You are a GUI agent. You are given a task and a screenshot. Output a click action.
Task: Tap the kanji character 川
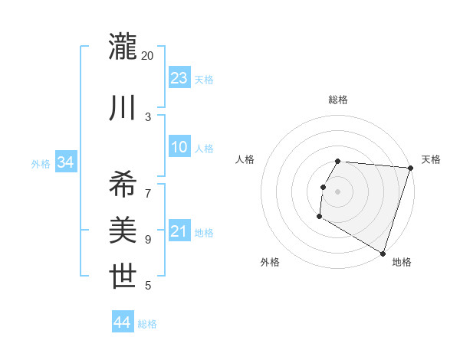pos(123,109)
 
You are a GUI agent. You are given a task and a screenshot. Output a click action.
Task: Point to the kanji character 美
pos(123,230)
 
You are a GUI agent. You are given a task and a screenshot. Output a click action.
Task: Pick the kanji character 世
pos(123,276)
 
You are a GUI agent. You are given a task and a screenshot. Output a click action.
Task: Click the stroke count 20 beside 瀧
pos(148,56)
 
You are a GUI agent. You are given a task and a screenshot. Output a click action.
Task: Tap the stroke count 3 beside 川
pos(148,116)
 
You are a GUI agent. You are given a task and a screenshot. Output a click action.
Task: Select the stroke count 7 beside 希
pos(148,186)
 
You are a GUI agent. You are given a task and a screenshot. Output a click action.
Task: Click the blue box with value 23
pos(179,78)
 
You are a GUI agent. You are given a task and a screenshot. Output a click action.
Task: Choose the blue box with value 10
pos(179,147)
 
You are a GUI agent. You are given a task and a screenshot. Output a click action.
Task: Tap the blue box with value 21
pos(179,231)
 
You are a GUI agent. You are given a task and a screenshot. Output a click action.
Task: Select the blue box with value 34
pos(65,162)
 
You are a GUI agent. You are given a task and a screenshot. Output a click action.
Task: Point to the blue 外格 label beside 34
pos(41,163)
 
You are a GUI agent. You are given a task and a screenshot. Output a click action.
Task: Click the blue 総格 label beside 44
pos(147,324)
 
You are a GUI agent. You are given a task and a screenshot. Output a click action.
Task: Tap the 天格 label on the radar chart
pos(431,159)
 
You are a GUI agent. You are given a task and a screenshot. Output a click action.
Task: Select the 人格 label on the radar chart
pos(245,159)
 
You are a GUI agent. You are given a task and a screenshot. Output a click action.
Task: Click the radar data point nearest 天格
pos(410,168)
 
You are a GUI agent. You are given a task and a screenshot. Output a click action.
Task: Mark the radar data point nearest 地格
pos(382,252)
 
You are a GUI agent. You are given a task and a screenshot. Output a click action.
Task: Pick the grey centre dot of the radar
pos(338,191)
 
